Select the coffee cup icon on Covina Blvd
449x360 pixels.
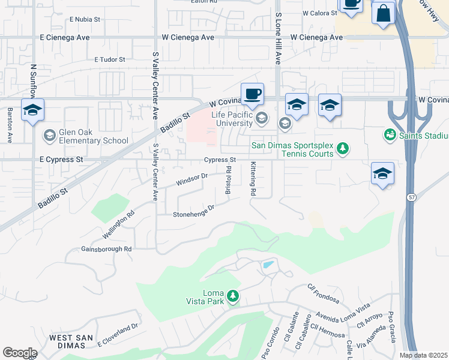pos(253,94)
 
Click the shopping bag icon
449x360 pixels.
pos(383,13)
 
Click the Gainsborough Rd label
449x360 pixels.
pos(106,249)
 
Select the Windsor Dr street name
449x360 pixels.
pos(191,179)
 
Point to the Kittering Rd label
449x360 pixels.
pos(254,179)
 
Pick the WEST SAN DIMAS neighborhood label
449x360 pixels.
pos(71,342)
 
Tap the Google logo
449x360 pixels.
pos(20,353)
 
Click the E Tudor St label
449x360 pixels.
pos(110,60)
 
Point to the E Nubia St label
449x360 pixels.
pos(85,19)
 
